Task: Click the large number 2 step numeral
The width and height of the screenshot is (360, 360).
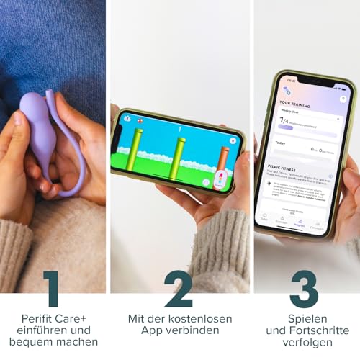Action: coord(179,288)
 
